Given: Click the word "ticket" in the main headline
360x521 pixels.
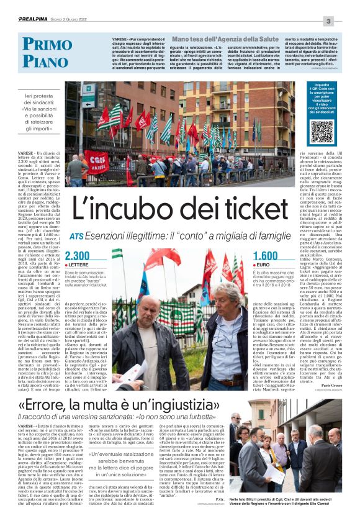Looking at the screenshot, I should [268, 206].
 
